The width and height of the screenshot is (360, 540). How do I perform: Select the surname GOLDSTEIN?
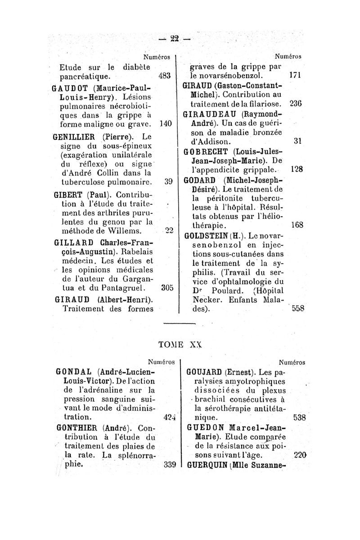[208, 235]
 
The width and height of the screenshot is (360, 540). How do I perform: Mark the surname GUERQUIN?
[208, 465]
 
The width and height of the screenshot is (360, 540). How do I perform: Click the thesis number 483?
[164, 76]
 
